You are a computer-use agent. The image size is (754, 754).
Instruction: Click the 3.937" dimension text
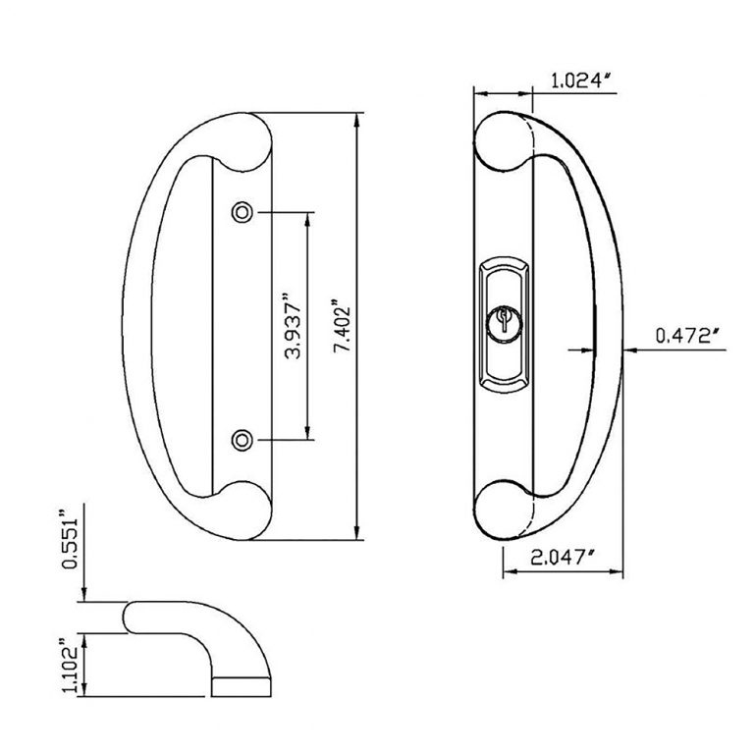click(x=292, y=324)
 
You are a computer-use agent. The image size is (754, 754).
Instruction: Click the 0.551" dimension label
click(x=69, y=538)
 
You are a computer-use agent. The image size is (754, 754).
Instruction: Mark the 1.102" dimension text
click(x=69, y=666)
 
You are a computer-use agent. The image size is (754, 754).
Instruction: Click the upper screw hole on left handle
click(x=242, y=211)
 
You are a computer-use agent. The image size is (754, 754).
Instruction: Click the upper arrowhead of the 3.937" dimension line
click(x=310, y=218)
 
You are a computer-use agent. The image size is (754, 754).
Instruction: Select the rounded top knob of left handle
click(x=240, y=141)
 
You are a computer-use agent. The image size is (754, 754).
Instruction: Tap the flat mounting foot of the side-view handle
click(x=242, y=685)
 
